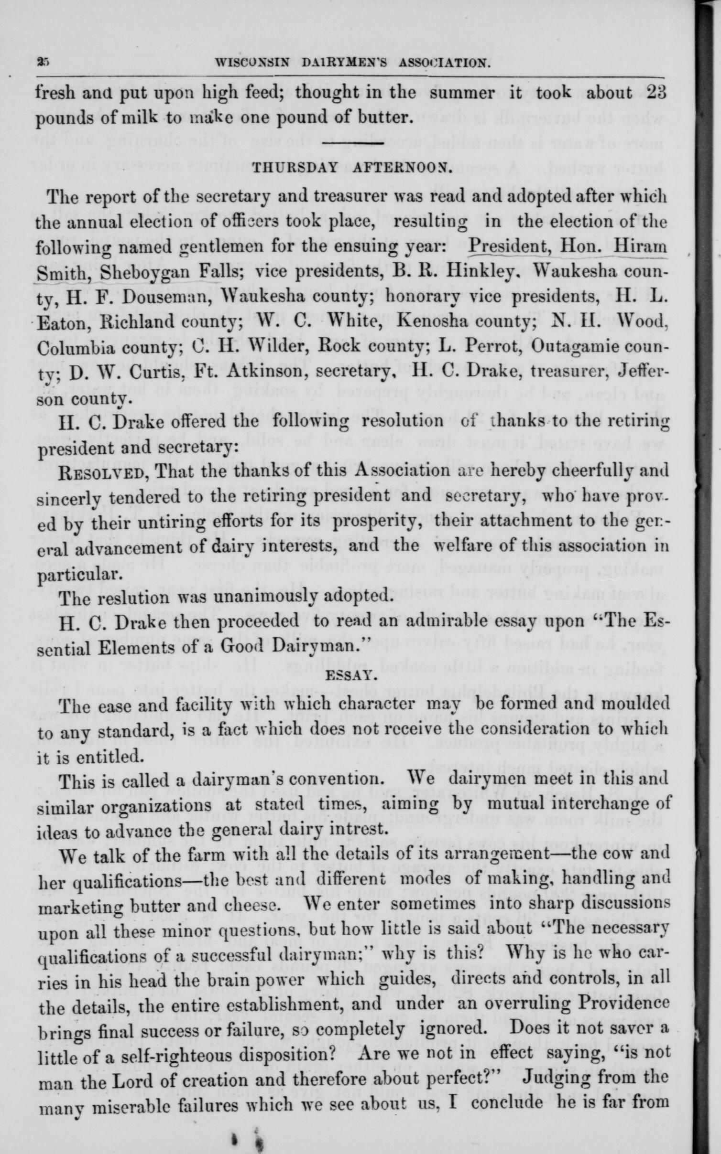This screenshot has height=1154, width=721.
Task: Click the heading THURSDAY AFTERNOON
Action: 351,168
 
